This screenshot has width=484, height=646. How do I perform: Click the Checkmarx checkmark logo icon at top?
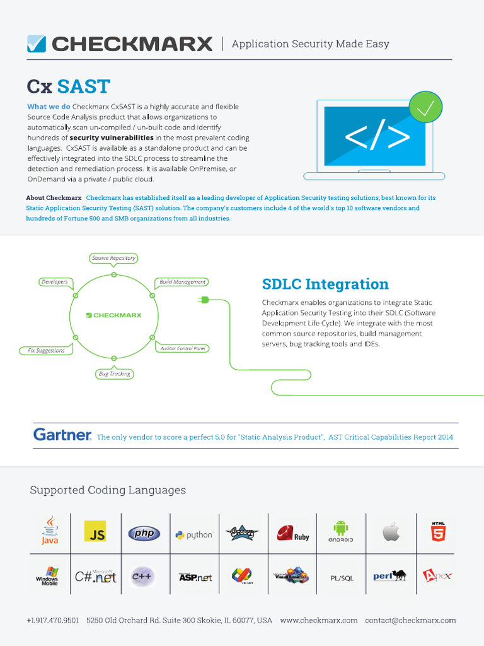[37, 44]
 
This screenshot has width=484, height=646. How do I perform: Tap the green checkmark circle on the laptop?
[425, 107]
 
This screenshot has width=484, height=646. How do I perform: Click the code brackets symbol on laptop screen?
[376, 137]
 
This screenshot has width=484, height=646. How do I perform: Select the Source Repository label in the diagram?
[113, 258]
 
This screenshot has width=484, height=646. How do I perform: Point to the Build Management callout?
[182, 282]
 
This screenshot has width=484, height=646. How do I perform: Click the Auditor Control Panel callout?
[183, 348]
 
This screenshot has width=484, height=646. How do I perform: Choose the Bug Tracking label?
[114, 374]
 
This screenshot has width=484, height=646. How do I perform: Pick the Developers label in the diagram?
[54, 282]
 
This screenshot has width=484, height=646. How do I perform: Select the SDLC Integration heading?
[325, 284]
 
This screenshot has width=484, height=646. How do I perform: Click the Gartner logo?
[62, 435]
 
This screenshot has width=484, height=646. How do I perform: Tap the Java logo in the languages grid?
[50, 531]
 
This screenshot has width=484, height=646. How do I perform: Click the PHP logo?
[144, 534]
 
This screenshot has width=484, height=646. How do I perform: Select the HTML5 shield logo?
[438, 532]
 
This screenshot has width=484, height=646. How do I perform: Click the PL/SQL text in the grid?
[342, 578]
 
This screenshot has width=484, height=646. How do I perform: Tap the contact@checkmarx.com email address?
[410, 620]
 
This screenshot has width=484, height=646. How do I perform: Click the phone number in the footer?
[53, 620]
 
